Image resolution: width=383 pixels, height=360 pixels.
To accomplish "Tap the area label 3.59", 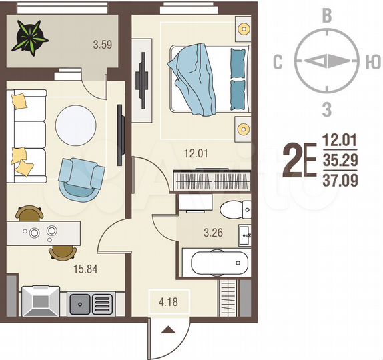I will pos(103,46).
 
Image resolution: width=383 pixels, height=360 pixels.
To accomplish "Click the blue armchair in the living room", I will pos(81,178).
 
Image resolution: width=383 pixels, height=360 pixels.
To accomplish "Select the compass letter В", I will pos(327,17).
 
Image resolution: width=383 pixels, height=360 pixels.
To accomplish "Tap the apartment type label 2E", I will pos(300,160).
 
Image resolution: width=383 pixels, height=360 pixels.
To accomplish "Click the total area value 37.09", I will pos(340,180).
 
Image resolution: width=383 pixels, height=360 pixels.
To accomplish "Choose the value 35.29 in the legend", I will pos(340,160).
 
